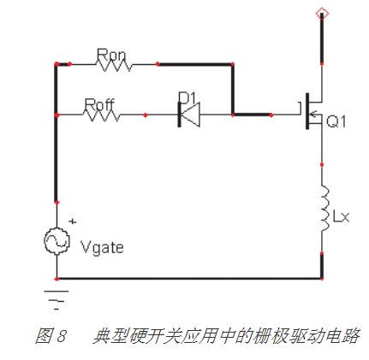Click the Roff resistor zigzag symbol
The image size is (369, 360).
click(x=104, y=114)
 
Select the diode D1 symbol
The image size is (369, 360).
click(x=187, y=114)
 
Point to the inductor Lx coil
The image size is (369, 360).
click(x=324, y=210)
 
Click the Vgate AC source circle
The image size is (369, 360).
click(x=57, y=242)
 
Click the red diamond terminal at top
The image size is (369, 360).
click(x=322, y=11)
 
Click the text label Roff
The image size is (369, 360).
click(x=99, y=104)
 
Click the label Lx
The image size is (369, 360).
click(x=342, y=217)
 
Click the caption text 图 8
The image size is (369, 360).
click(x=52, y=335)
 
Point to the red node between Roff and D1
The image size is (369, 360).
click(x=146, y=114)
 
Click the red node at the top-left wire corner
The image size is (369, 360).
click(x=57, y=64)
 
